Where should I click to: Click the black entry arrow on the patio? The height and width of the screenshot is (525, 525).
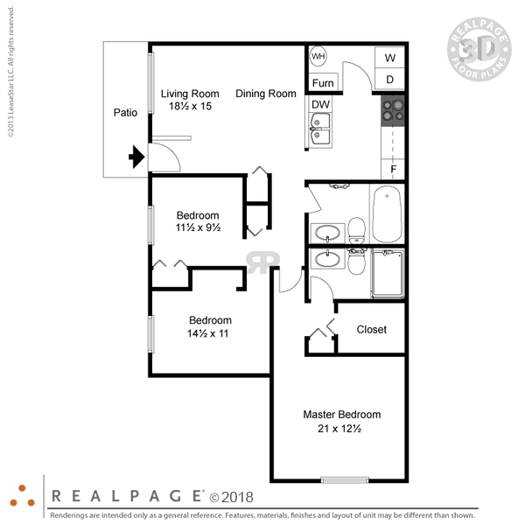[x=136, y=157]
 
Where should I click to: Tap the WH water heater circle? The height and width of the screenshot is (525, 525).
[x=318, y=56]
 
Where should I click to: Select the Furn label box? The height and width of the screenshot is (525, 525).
[x=324, y=81]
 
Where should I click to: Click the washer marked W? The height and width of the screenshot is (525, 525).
[x=389, y=58]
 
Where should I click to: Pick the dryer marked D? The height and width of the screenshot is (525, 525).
[x=389, y=80]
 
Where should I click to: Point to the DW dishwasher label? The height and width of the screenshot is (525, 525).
[x=320, y=104]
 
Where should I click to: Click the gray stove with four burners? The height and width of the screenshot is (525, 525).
[x=393, y=111]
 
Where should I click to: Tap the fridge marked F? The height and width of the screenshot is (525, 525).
[x=393, y=169]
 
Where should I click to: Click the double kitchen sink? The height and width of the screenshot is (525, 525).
[x=320, y=129]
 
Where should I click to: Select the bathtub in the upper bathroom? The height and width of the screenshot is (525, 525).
[x=387, y=213]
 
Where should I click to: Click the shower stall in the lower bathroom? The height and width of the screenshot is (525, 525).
[x=388, y=274]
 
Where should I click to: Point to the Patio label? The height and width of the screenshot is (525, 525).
[x=125, y=113]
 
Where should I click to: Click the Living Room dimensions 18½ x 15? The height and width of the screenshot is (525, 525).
[x=190, y=106]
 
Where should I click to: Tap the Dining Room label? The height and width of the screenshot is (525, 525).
[x=266, y=94]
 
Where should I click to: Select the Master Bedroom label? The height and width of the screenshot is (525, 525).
[x=342, y=415]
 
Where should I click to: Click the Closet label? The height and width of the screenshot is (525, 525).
[x=372, y=330]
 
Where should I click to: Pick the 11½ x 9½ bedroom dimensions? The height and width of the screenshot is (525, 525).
[x=199, y=227]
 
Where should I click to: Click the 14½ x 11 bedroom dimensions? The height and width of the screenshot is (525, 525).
[x=207, y=333]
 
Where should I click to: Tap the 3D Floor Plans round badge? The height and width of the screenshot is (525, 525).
[x=479, y=49]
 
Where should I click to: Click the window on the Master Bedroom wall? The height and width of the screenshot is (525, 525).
[x=345, y=479]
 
